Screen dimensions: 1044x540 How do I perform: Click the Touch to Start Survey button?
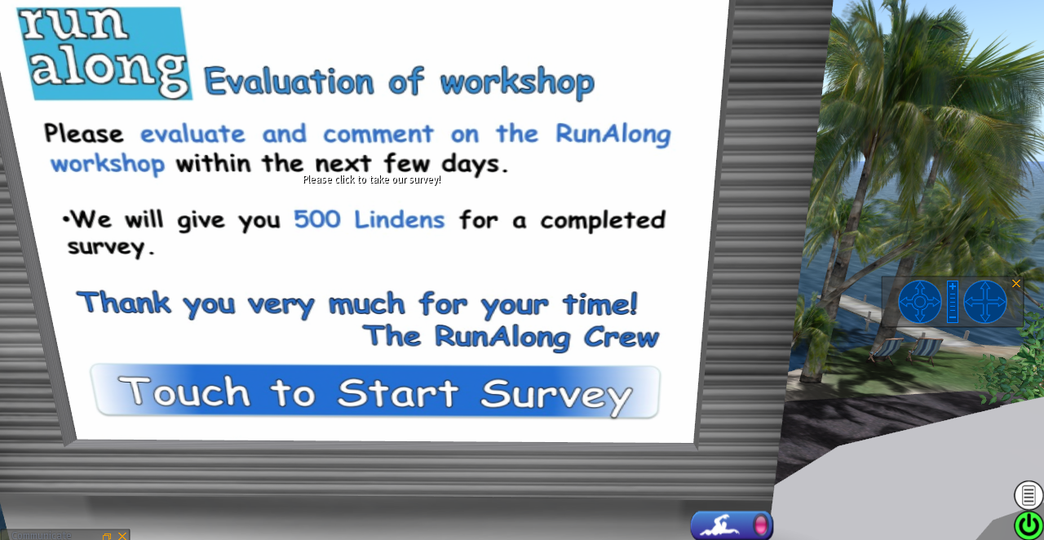376,391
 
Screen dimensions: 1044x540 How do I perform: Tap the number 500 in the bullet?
317,219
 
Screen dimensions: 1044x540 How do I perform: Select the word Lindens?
400,219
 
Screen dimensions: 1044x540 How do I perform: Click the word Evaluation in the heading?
289,81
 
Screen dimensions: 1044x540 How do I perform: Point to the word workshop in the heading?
517,82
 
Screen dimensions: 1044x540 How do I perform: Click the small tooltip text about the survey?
372,180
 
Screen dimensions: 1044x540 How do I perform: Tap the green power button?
1029,525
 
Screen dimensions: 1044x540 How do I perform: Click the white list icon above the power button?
1029,495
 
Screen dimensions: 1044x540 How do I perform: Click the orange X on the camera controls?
1016,284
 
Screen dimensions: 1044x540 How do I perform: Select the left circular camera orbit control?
920,302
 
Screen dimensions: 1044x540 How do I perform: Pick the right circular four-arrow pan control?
984,302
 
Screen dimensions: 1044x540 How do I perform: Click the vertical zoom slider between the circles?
953,302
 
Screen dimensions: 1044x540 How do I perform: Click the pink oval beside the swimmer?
761,525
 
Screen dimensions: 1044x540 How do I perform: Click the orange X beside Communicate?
122,536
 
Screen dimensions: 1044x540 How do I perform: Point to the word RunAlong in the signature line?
502,337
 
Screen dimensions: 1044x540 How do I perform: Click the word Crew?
622,337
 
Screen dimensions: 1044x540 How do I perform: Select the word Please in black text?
84,133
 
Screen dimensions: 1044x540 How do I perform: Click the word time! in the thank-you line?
600,304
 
